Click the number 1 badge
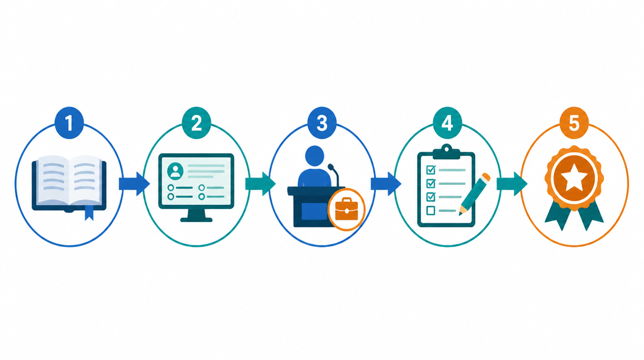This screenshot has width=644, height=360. click(x=69, y=123)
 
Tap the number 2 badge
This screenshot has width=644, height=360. click(x=197, y=123)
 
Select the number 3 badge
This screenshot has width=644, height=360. click(x=322, y=123)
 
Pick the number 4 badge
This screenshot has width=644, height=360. click(x=447, y=123)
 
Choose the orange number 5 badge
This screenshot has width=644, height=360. click(x=574, y=123)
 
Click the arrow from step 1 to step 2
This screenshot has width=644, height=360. click(x=134, y=184)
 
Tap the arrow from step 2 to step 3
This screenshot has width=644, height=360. click(x=260, y=184)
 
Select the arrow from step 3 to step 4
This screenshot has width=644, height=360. click(x=386, y=184)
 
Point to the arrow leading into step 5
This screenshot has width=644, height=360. click(x=512, y=184)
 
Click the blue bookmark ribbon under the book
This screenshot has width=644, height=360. click(x=89, y=213)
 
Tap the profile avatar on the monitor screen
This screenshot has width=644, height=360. click(x=175, y=171)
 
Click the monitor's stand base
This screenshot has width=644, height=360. click(x=197, y=220)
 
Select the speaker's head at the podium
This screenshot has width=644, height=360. click(x=315, y=155)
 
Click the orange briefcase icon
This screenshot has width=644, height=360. click(x=346, y=210)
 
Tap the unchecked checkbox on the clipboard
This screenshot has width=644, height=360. click(x=431, y=211)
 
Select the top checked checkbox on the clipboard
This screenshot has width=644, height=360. click(x=431, y=169)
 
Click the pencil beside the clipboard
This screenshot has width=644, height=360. click(x=475, y=194)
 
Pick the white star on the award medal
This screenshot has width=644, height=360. click(x=574, y=178)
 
